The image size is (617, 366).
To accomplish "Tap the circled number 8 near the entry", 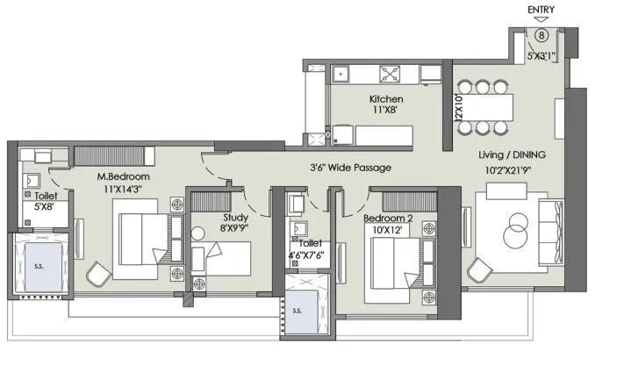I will (x=542, y=35).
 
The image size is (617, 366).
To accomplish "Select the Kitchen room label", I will (x=386, y=99).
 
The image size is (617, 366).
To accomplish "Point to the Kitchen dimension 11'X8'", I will (x=386, y=111).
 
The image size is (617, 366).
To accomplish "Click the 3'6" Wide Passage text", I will (x=350, y=167).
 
